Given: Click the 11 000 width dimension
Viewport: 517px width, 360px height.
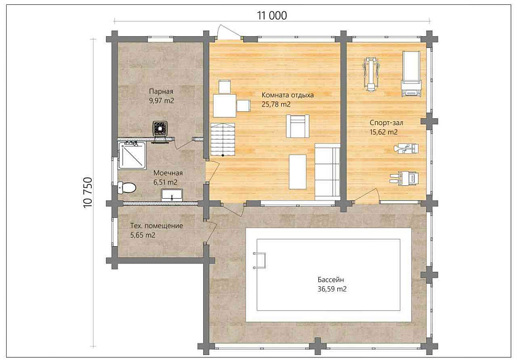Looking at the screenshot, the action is (271, 15).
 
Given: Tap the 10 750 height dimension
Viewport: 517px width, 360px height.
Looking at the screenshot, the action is (88, 193).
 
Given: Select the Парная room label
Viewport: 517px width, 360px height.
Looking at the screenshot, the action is (161, 91).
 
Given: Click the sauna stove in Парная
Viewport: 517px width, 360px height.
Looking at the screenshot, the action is (161, 129).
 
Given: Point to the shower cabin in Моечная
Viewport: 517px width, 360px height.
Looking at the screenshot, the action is (132, 156).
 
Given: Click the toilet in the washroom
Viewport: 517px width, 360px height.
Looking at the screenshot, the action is (127, 188).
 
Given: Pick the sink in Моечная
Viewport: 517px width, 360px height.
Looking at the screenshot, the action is (172, 194).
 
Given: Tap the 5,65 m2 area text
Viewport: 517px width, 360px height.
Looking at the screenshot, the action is (143, 235).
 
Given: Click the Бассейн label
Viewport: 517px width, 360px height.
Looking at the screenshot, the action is (331, 279).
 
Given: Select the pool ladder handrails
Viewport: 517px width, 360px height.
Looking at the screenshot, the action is (260, 260).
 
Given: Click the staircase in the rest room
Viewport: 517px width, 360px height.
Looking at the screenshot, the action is (223, 139).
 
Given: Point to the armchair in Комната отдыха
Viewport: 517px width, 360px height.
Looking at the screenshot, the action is (298, 126).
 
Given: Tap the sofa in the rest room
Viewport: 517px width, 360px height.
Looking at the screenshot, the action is (327, 172).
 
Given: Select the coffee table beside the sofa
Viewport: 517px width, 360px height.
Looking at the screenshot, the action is (297, 172).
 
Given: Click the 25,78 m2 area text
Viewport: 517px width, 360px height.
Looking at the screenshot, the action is (276, 105).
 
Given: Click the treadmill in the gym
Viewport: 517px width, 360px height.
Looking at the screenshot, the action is (411, 74).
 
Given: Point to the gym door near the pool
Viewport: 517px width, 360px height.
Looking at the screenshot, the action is (366, 195).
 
